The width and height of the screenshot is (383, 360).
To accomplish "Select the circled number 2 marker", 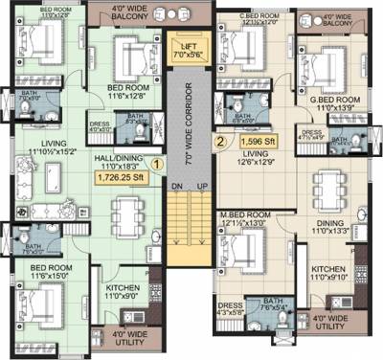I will (x=220, y=143).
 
